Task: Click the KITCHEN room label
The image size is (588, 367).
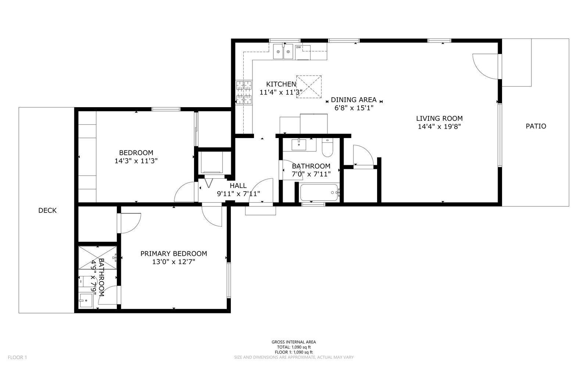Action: click(281, 84)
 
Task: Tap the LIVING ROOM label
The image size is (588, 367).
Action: click(440, 119)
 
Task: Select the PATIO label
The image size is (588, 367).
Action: click(536, 126)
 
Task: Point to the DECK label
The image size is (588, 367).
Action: click(47, 210)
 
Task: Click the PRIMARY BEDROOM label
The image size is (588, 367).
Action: click(174, 254)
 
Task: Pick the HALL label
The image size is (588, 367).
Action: click(238, 186)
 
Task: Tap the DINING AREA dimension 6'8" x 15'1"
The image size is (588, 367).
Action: click(354, 108)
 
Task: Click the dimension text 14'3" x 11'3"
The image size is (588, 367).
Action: click(136, 161)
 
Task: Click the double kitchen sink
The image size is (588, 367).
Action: click(283, 51)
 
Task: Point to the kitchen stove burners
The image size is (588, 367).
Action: click(244, 92)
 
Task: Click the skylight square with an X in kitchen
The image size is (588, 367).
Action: click(309, 87)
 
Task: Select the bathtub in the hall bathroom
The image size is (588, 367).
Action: click(319, 192)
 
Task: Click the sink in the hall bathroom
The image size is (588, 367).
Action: click(299, 145)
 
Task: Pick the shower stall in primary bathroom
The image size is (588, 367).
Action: click(98, 258)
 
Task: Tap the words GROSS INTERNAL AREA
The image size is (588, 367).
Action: click(294, 342)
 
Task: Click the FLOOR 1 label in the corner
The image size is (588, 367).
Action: click(17, 357)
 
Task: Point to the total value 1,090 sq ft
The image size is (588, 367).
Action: click(301, 347)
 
